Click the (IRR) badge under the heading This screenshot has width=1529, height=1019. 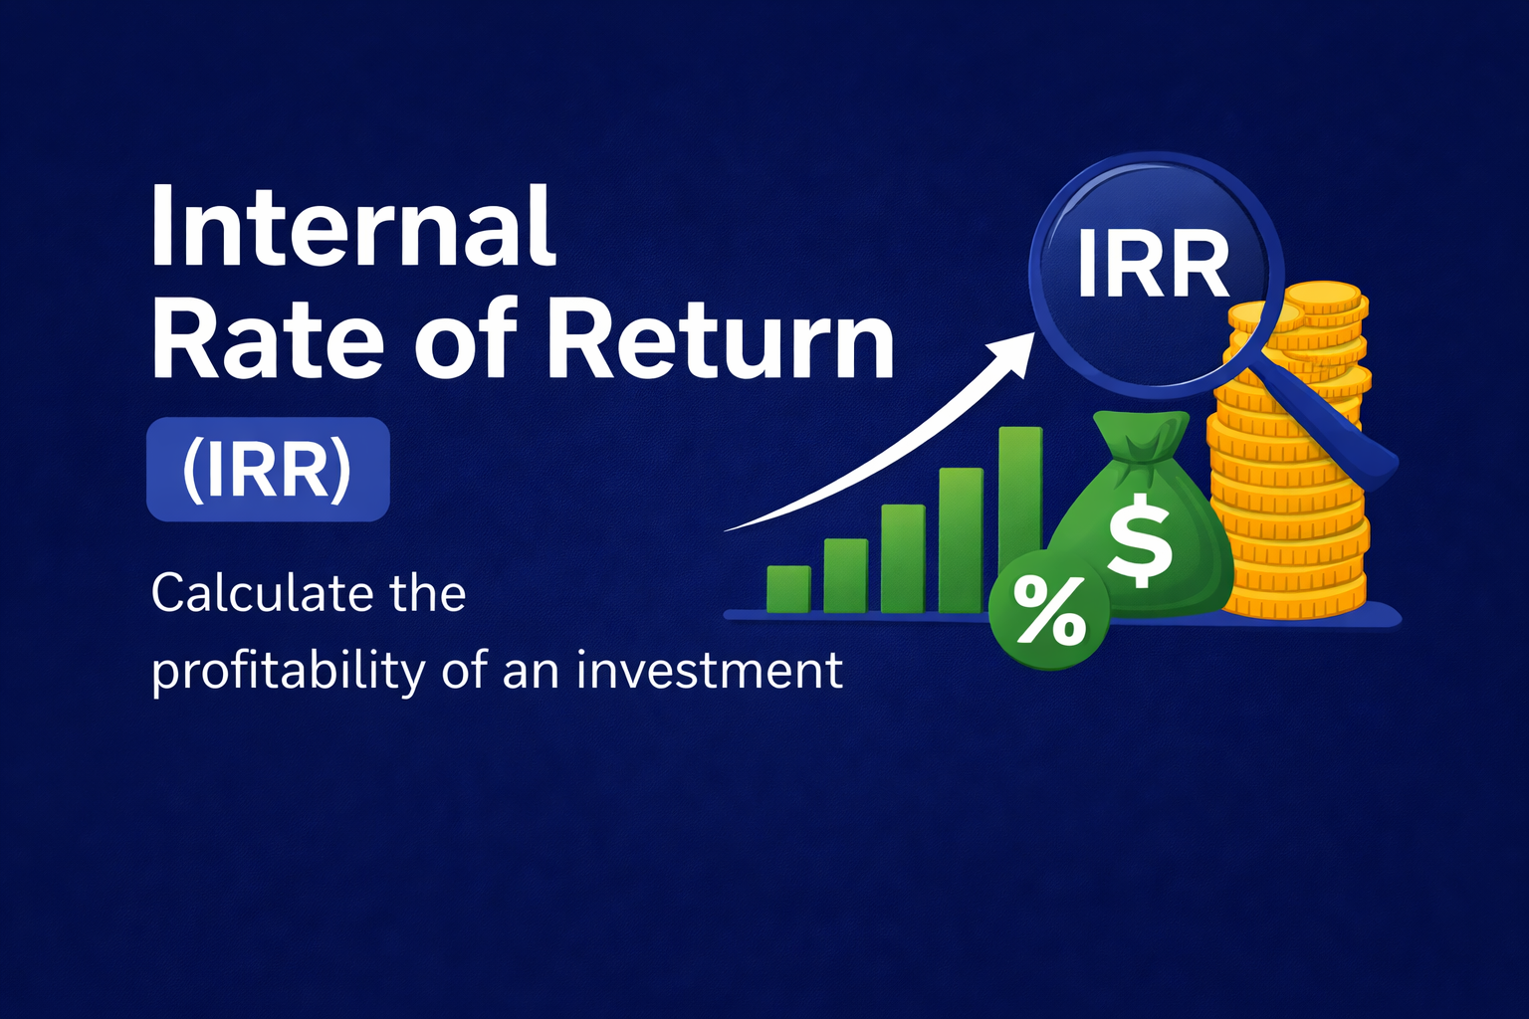coord(268,470)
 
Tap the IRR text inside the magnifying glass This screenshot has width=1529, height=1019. coord(1154,266)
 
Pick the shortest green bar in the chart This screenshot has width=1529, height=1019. coord(788,589)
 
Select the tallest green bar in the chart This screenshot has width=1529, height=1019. coord(1020,517)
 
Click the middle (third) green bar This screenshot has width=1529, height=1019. coord(903,557)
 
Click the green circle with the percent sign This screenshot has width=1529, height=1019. coord(1049,612)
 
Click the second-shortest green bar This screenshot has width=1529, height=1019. coord(845,575)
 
